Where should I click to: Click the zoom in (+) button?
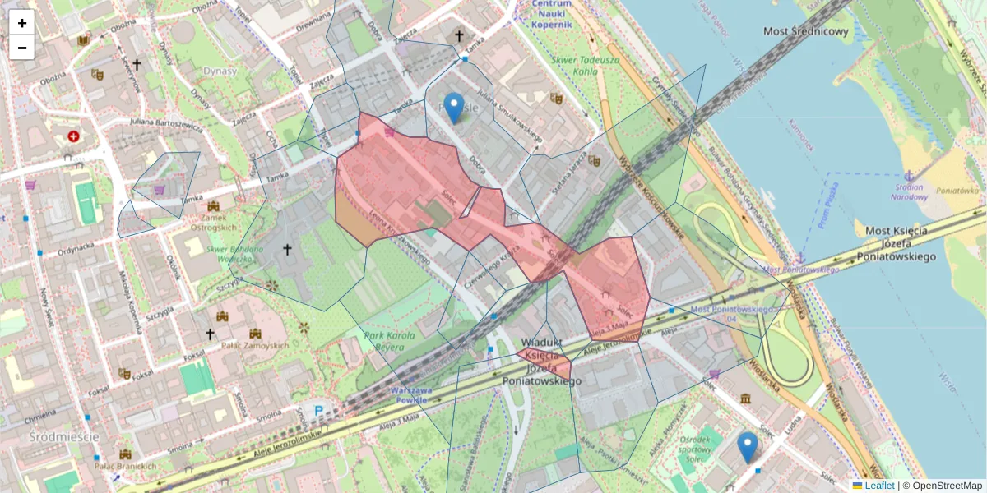point(22,23)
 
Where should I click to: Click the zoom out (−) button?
point(22,48)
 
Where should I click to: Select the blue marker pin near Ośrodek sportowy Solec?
point(747,447)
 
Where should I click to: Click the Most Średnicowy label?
point(805,32)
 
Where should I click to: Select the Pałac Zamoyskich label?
point(255,346)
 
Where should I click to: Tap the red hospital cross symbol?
point(74,136)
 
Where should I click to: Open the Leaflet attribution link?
point(878,486)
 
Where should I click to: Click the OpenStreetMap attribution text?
point(946,486)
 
